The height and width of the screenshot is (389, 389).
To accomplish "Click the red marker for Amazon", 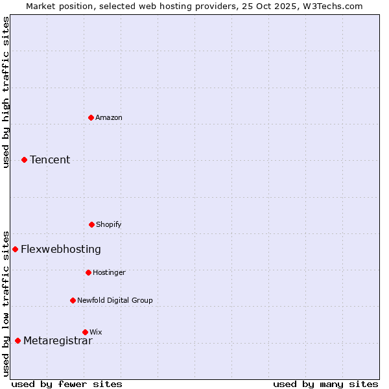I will tap(91, 117).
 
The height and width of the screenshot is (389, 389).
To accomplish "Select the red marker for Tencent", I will tap(25, 159).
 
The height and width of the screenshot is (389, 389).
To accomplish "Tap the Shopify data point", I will tap(91, 224).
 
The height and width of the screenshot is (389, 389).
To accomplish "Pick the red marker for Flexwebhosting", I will tap(16, 249).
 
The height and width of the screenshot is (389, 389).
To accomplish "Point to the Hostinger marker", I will tap(88, 272).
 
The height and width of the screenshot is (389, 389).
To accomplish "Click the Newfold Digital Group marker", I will tap(73, 300).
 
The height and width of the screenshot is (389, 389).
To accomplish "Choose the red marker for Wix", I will tap(85, 332).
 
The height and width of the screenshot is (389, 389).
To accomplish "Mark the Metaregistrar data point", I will tap(18, 341).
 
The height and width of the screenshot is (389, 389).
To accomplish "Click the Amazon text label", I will tap(109, 117).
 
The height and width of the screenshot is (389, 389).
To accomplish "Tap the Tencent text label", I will tap(50, 159).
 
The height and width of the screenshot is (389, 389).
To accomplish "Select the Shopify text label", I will tap(109, 224).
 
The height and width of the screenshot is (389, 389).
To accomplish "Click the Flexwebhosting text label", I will tap(61, 249).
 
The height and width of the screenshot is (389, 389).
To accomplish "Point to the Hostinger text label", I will tap(109, 272).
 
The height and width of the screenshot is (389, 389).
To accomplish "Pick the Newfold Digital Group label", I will tap(115, 300).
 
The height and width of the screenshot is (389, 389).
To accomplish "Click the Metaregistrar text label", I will tap(58, 341).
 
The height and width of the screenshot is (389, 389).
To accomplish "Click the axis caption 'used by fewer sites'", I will tap(67, 384).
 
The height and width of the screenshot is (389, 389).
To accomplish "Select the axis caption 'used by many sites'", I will tap(325, 384).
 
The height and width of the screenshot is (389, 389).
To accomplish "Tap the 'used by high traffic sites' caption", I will tap(6, 92).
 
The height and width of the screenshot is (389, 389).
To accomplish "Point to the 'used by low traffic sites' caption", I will tap(6, 303).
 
